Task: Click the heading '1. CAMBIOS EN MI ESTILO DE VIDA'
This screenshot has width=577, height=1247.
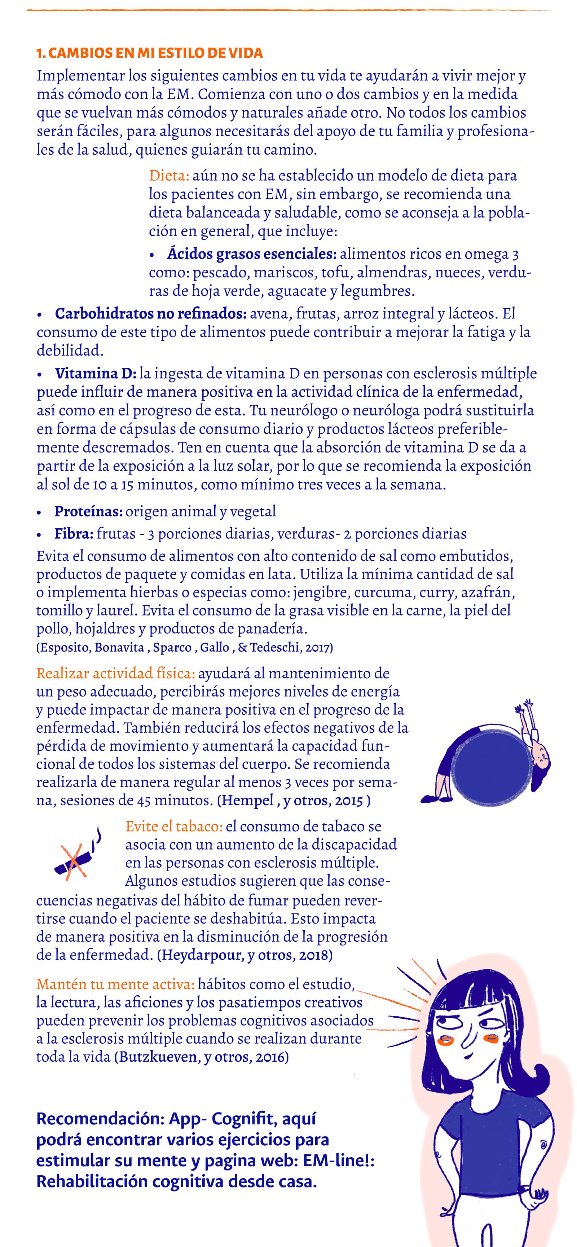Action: [x=150, y=53]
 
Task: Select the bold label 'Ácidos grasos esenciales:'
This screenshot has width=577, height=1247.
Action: [x=252, y=254]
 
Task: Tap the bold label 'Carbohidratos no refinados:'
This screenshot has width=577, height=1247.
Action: [x=150, y=314]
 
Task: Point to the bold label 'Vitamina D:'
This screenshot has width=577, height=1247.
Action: [x=95, y=373]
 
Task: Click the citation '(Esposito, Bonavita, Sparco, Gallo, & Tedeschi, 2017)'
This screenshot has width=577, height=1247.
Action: [x=184, y=648]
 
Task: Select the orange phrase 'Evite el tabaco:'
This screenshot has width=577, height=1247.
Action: [x=174, y=826]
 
